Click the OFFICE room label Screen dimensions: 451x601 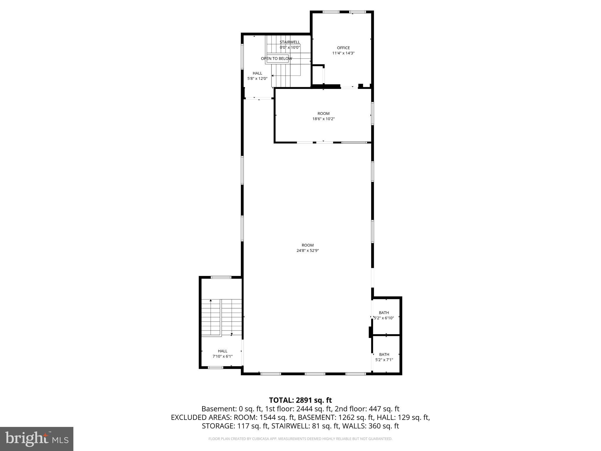(343, 48)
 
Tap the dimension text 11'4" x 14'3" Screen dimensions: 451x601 (343, 53)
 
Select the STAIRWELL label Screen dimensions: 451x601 (290, 42)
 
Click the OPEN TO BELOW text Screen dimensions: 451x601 (276, 58)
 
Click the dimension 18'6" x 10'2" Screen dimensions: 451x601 (323, 119)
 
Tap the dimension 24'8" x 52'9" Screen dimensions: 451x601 (308, 250)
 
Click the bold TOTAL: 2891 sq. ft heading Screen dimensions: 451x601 (300, 400)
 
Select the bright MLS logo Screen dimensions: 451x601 (37, 439)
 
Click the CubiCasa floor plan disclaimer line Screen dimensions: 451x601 (300, 439)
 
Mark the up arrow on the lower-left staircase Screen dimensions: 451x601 (210, 301)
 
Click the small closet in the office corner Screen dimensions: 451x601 (318, 75)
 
